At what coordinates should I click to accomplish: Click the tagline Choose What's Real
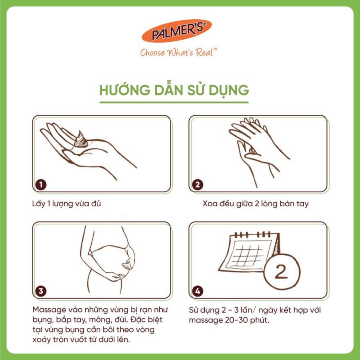pyautogui.click(x=179, y=53)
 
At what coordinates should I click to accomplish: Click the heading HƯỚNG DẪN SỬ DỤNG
pyautogui.click(x=174, y=90)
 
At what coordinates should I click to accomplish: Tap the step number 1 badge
pyautogui.click(x=41, y=185)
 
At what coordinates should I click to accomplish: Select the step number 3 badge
pyautogui.click(x=41, y=291)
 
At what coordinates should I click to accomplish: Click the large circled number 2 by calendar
pyautogui.click(x=281, y=272)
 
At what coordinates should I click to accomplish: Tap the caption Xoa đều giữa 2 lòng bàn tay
pyautogui.click(x=255, y=204)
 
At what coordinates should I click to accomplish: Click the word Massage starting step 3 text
pyautogui.click(x=48, y=310)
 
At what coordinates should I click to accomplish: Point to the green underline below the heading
pyautogui.click(x=174, y=102)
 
